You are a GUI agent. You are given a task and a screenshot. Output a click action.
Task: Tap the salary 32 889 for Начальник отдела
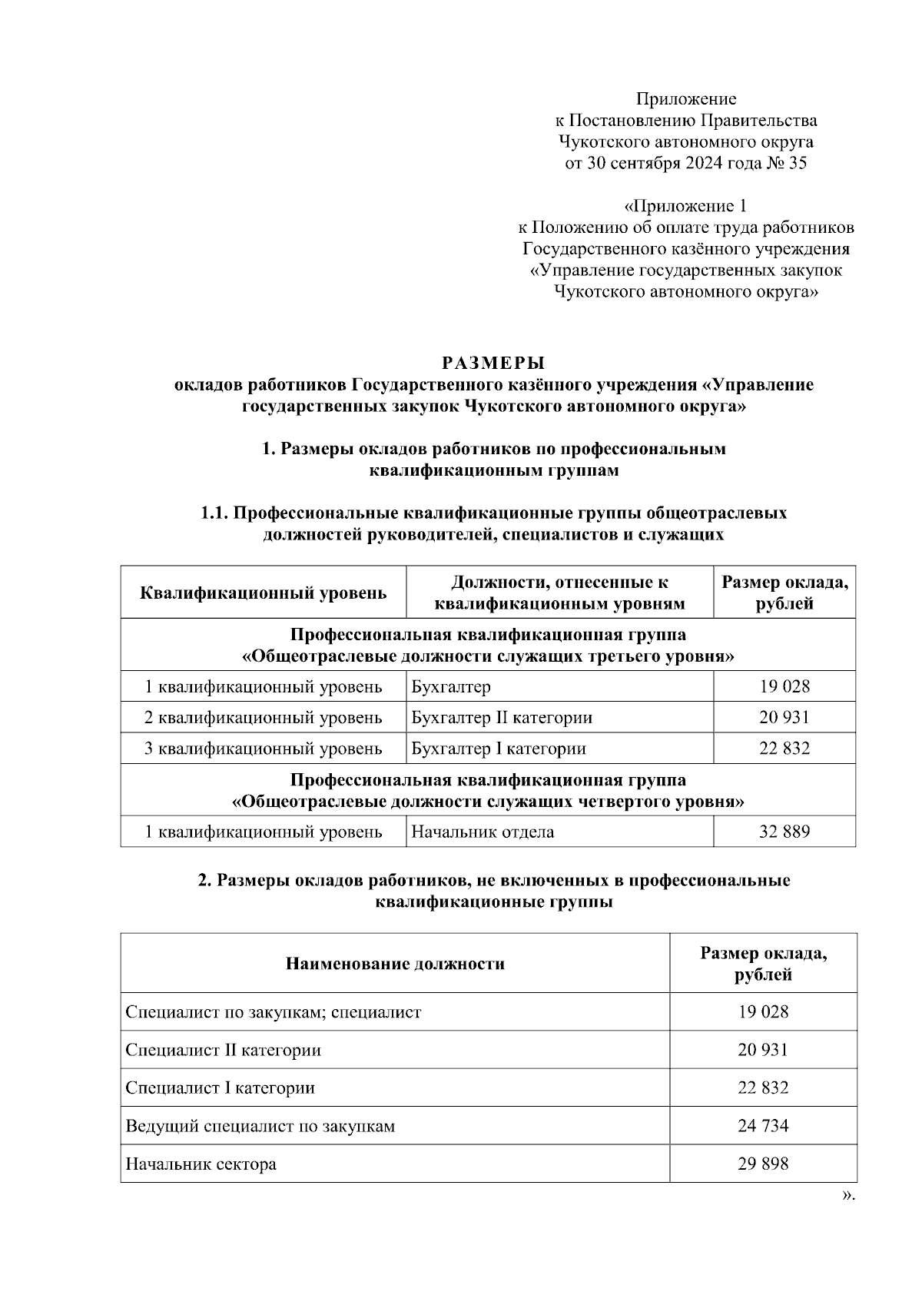[784, 832]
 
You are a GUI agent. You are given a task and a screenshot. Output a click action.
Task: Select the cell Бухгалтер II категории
[502, 718]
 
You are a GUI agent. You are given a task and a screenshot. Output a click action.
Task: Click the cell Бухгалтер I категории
[499, 749]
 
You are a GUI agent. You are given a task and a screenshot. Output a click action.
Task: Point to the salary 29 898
[763, 1164]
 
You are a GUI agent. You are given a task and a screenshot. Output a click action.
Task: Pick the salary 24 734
[763, 1126]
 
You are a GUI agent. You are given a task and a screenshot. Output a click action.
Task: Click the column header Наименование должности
[395, 964]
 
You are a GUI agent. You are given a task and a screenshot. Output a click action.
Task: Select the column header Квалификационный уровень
[264, 593]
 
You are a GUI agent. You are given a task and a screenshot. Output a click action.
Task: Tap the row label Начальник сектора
[201, 1164]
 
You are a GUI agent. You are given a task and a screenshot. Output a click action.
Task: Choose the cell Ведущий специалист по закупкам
[260, 1126]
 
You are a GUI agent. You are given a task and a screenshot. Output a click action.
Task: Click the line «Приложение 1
[685, 206]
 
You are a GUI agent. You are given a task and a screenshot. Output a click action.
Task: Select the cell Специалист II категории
[224, 1050]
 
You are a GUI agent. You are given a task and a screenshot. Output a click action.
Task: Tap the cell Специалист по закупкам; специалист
[274, 1012]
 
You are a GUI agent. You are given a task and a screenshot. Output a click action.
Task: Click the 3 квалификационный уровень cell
[264, 749]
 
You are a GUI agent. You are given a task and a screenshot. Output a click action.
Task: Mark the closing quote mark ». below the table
[848, 1195]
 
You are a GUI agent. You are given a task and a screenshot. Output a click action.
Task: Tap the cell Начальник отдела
[483, 832]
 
